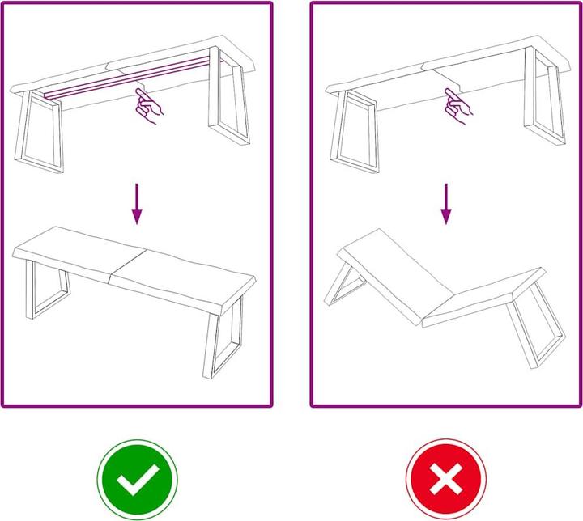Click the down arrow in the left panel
click(137, 203)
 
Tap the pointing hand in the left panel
click(148, 107)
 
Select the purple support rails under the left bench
click(130, 78)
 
